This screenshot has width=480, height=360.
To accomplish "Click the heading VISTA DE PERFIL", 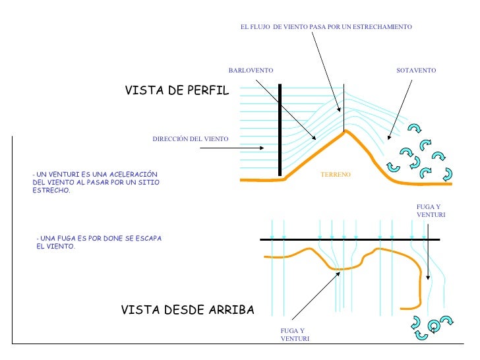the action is point(177,91).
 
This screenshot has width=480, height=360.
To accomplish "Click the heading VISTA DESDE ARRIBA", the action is point(187,310).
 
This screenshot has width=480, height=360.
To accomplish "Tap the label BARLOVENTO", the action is point(251,70).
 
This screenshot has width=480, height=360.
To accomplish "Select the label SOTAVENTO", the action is point(416,70).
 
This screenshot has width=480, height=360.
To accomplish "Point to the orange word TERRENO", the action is point(336,174).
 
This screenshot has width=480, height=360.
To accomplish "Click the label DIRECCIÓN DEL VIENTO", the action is point(190,139).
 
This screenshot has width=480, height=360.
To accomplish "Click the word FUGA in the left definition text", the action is point(65,238).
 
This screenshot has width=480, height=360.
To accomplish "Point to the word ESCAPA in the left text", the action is point(147,238).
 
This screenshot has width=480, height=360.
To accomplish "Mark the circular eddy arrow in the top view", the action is point(434,326).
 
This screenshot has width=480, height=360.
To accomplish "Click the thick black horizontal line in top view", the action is point(349,239).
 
